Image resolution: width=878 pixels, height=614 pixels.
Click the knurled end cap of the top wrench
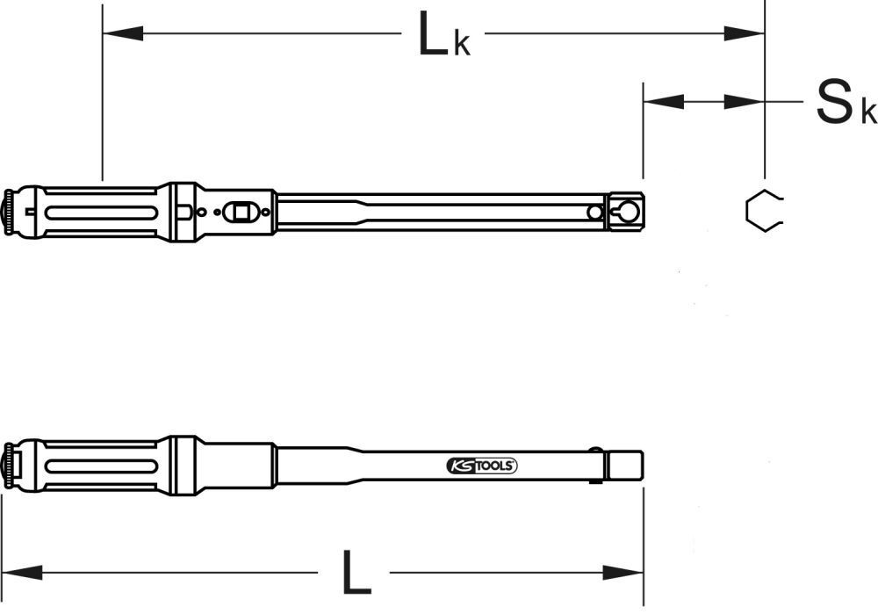[11, 211]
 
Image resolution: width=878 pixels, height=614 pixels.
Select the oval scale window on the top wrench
[237, 212]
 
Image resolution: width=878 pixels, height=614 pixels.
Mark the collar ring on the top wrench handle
[184, 211]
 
